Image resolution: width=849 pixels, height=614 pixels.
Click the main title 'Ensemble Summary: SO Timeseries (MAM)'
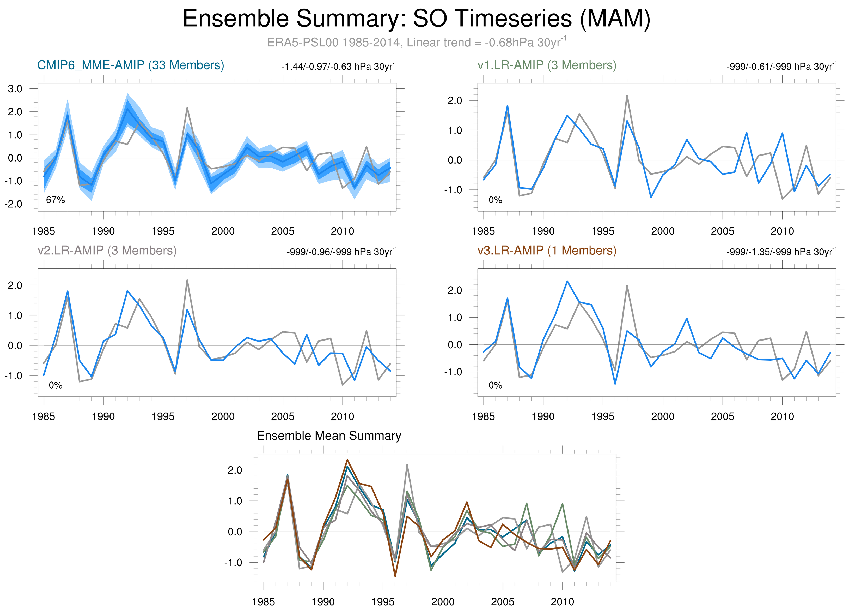point(416,19)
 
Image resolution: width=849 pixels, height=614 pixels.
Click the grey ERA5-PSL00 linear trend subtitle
point(416,42)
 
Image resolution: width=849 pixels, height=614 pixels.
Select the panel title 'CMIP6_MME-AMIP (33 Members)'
point(131,65)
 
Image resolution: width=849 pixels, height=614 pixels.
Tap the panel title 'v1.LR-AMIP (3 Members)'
point(547,65)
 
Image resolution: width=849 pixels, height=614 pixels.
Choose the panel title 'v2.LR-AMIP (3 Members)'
point(107,250)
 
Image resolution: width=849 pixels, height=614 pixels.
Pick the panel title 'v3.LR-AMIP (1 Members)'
point(547,250)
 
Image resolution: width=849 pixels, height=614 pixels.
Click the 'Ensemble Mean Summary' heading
point(329,436)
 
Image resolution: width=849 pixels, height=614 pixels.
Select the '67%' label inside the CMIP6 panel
point(56,200)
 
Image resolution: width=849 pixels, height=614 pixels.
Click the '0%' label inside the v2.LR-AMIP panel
point(56,385)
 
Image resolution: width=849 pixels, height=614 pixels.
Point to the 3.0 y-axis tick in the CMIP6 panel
point(15,89)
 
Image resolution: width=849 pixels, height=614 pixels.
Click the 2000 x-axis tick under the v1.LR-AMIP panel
point(663,231)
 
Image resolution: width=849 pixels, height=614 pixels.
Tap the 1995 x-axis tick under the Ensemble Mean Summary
point(383,602)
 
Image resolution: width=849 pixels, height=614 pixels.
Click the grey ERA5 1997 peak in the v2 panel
point(187,280)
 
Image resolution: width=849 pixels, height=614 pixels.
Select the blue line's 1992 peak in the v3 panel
point(567,281)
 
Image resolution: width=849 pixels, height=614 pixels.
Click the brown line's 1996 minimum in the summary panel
point(395,576)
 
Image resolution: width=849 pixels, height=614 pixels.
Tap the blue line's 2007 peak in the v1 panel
point(747,133)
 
